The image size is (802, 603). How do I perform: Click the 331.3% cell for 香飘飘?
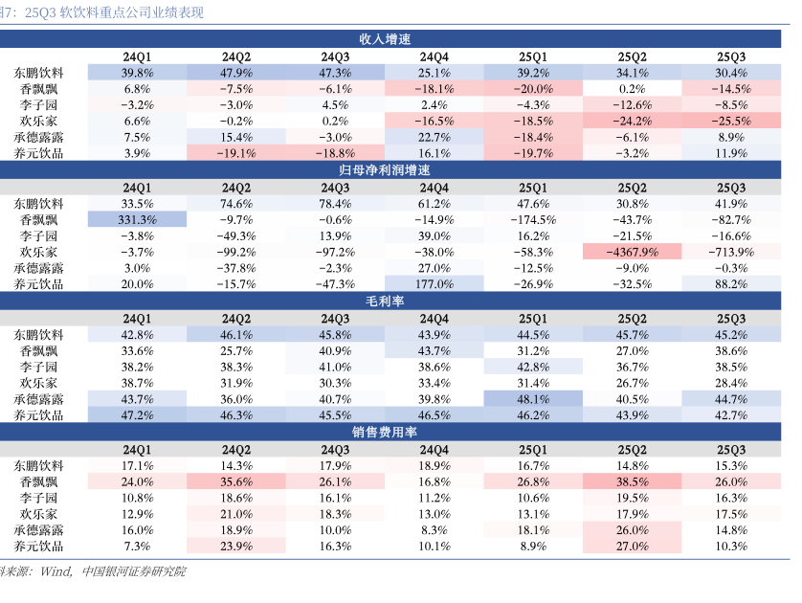point(138,219)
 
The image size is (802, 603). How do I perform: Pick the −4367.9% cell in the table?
point(633,252)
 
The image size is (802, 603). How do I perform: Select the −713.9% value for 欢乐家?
point(731,252)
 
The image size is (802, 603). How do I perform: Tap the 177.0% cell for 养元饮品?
point(434,284)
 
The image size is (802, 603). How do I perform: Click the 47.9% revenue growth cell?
point(236,73)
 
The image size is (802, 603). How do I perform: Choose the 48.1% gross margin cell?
point(533,399)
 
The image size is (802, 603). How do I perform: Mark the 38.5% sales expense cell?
point(633,481)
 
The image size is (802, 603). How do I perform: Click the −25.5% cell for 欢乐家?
point(731,122)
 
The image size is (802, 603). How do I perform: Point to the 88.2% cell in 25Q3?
point(731,284)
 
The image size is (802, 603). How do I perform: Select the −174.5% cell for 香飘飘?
point(533,219)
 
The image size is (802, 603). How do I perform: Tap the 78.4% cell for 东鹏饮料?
point(335,203)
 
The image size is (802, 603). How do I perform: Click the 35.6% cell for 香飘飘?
point(236,481)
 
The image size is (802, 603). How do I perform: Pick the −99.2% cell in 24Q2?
point(236,252)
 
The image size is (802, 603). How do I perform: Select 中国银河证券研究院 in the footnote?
point(134,571)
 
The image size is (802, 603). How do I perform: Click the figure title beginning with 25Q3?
point(116,13)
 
